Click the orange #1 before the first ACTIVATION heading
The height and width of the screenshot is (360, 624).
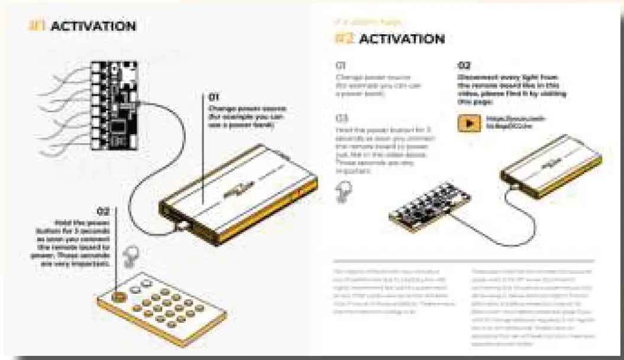(x=37, y=27)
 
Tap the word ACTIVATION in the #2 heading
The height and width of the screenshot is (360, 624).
(x=402, y=40)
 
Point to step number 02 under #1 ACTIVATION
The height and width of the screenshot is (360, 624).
(x=103, y=210)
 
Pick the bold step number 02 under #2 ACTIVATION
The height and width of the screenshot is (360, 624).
(x=464, y=66)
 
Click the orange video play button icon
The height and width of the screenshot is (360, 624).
(x=469, y=124)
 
